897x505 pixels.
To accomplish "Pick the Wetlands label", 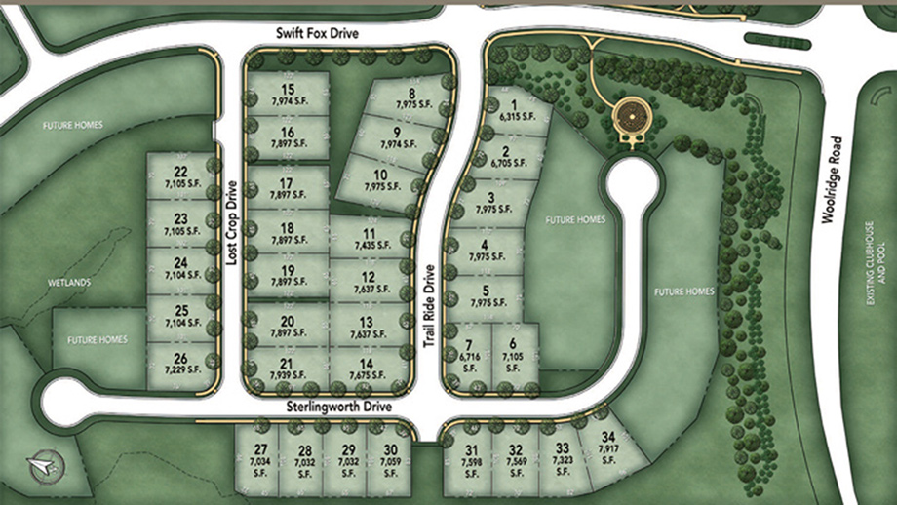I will [69, 283].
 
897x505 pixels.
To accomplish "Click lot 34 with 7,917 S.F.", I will [609, 444].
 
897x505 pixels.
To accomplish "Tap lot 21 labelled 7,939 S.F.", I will [287, 369].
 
